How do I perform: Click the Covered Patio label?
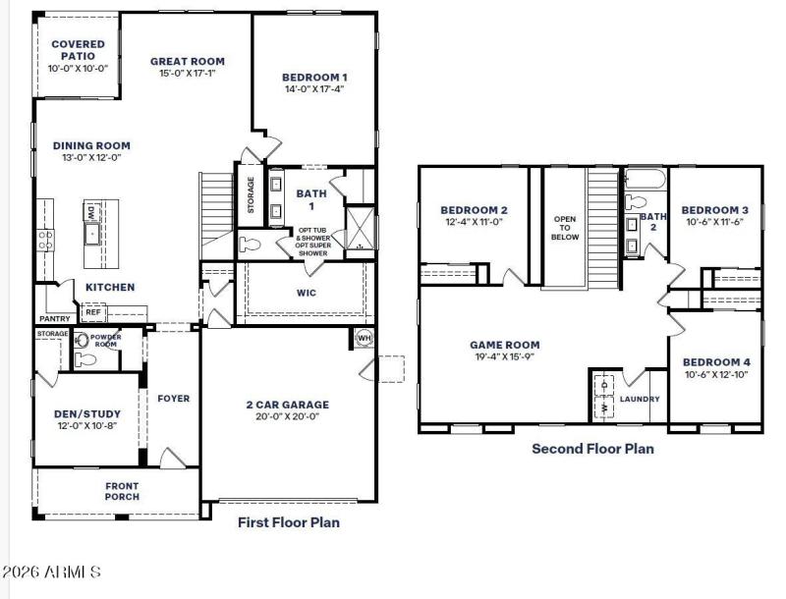click(x=78, y=50)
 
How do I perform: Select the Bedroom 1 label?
click(x=313, y=77)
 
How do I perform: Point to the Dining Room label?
click(x=91, y=145)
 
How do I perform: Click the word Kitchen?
click(x=109, y=287)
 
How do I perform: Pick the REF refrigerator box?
click(x=93, y=312)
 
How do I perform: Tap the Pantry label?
click(x=53, y=319)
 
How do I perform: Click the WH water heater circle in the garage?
click(x=364, y=338)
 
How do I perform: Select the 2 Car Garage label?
click(x=287, y=404)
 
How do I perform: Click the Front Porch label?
click(x=122, y=491)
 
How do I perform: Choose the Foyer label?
click(x=172, y=398)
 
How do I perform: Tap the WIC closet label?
click(x=306, y=293)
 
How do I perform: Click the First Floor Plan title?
click(x=289, y=522)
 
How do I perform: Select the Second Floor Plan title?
click(x=592, y=449)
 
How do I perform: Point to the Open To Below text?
click(x=565, y=227)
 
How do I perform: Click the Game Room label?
click(x=504, y=345)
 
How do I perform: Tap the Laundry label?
click(x=640, y=400)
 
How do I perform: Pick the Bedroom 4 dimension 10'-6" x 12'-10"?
click(x=715, y=374)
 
